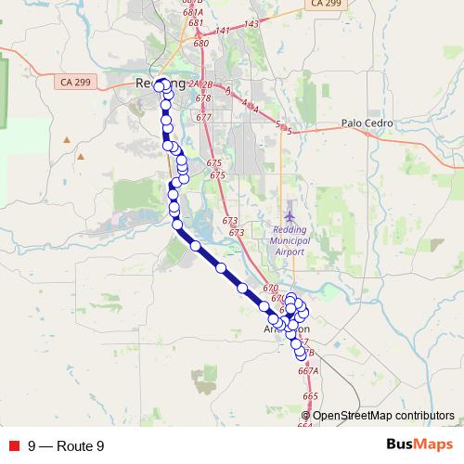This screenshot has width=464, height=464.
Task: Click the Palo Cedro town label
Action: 367,122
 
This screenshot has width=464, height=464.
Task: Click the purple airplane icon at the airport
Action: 290,216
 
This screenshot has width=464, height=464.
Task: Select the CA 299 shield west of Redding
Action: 77,83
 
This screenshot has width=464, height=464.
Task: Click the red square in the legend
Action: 14,446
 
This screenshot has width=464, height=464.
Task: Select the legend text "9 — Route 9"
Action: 66,446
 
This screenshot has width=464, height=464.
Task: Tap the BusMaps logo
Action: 413,445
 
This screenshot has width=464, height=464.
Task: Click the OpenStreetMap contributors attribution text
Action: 383,415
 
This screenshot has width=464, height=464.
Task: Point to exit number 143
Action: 251,23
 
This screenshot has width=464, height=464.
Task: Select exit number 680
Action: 201,44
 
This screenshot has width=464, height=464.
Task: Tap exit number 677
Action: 203,117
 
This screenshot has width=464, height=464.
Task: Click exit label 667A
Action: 308,370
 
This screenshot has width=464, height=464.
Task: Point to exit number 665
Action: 310,396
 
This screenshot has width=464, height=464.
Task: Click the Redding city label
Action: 154,84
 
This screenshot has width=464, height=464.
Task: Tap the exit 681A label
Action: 193,13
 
